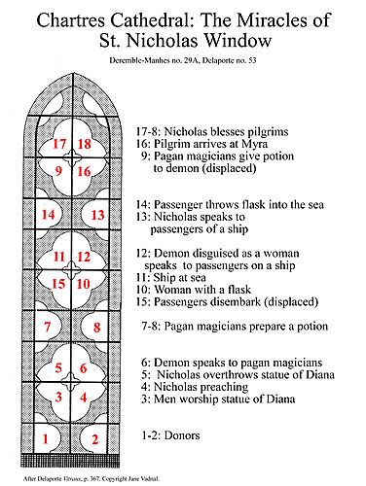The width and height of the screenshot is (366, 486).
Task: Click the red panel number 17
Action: coord(59,145)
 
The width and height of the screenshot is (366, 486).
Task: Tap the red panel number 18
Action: coord(85,145)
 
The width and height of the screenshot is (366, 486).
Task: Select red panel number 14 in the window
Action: coord(46,214)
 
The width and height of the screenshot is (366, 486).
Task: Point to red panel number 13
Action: coord(97,214)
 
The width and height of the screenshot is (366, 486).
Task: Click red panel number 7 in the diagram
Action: coord(46,327)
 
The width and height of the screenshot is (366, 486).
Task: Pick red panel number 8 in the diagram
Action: coord(96,327)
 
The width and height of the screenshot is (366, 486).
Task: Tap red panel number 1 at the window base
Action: coord(46,439)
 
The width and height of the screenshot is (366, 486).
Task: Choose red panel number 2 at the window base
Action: coord(96,439)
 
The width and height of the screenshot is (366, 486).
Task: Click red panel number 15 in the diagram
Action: coord(59,283)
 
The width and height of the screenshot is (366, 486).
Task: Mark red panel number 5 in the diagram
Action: coord(60,367)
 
